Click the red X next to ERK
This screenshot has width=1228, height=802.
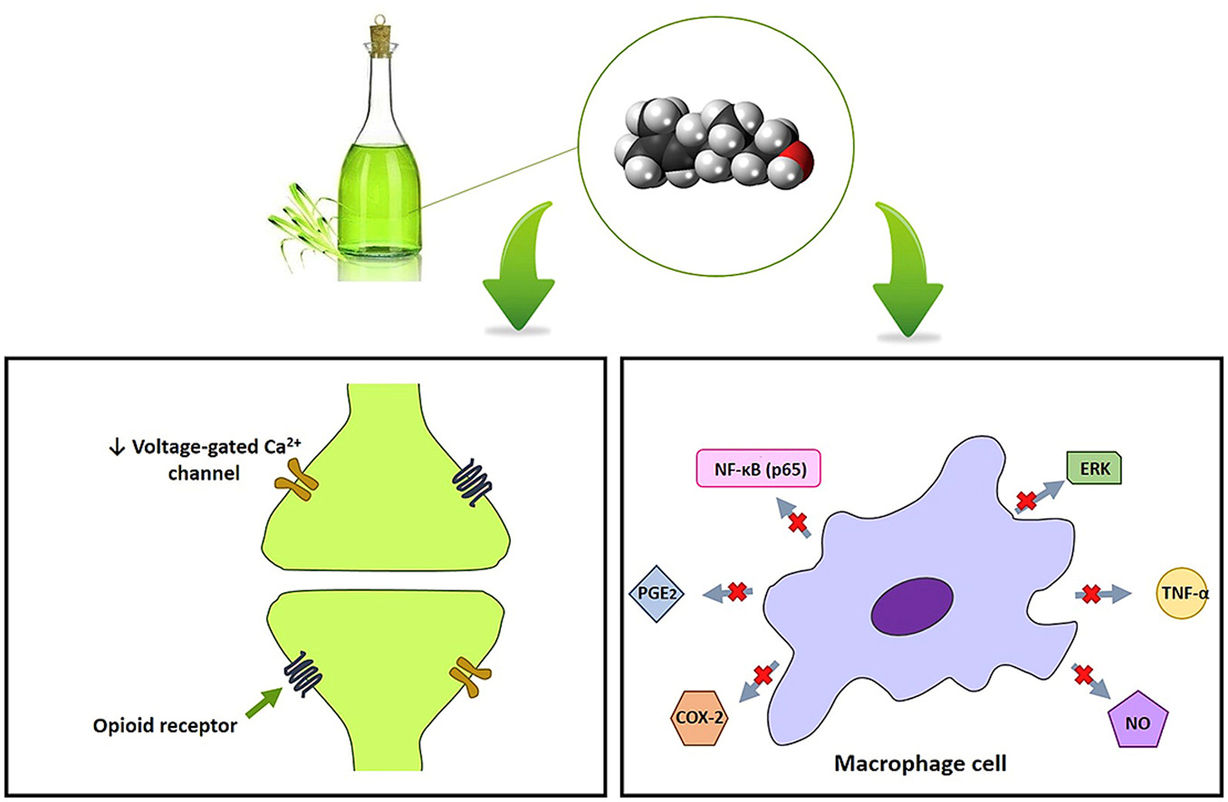(1026, 500)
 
